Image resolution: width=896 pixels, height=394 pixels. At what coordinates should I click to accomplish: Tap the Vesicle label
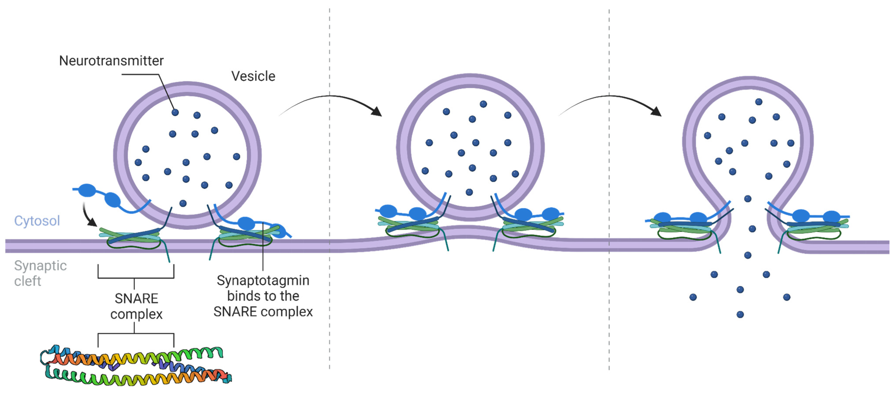(253, 76)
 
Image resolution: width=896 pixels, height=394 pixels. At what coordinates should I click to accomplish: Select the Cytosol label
(37, 221)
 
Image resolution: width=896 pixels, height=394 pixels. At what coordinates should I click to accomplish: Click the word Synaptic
(40, 266)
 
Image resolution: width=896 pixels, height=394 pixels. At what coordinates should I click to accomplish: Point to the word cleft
(28, 281)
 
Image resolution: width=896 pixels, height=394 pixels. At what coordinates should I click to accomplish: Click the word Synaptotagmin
(263, 280)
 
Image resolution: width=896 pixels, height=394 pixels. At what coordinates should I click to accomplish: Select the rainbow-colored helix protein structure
(136, 365)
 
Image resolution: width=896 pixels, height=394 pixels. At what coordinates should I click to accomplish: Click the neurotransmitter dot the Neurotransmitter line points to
(175, 112)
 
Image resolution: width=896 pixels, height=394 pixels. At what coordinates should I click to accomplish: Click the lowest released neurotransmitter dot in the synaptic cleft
(740, 314)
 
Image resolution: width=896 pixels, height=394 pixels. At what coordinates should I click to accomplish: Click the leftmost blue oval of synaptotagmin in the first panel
(87, 190)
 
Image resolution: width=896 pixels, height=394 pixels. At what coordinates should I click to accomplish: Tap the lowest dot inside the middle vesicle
(469, 192)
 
